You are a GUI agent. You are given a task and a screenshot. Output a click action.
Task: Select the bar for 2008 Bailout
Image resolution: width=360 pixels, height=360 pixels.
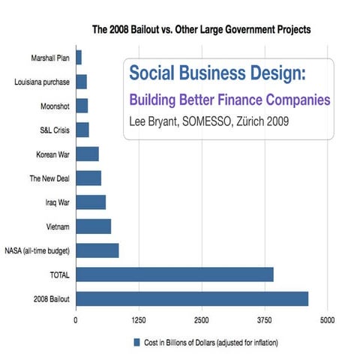(x=192, y=298)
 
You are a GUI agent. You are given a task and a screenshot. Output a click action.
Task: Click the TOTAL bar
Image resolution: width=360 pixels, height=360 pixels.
(x=175, y=274)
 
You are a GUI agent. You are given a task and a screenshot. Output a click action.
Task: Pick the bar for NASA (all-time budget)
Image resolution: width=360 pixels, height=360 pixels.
(x=97, y=250)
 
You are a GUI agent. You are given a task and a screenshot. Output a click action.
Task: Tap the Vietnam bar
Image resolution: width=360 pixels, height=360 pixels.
(x=94, y=226)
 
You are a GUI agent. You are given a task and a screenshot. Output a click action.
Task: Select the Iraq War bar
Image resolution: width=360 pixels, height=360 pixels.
(x=91, y=202)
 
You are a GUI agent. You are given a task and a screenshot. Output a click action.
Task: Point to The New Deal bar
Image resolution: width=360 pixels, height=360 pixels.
(x=88, y=178)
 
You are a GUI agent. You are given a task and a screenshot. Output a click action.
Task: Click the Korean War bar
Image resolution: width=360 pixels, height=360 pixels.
(x=87, y=154)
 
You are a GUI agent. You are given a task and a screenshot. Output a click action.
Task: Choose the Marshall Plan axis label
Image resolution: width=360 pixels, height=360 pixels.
(x=50, y=57)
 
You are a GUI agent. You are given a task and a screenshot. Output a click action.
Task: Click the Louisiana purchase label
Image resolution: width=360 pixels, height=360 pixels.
(x=42, y=81)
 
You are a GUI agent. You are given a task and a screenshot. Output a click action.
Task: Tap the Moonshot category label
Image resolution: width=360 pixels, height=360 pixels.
(x=55, y=106)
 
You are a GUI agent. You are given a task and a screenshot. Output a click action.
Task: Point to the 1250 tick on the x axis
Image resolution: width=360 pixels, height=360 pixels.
(x=138, y=319)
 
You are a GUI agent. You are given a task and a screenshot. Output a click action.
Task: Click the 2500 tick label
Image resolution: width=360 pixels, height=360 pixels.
(x=201, y=319)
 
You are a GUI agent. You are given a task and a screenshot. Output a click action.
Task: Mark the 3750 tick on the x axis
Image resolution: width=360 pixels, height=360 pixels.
(x=263, y=319)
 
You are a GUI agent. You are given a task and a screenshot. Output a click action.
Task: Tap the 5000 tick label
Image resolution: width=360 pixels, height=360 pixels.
(x=326, y=319)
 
